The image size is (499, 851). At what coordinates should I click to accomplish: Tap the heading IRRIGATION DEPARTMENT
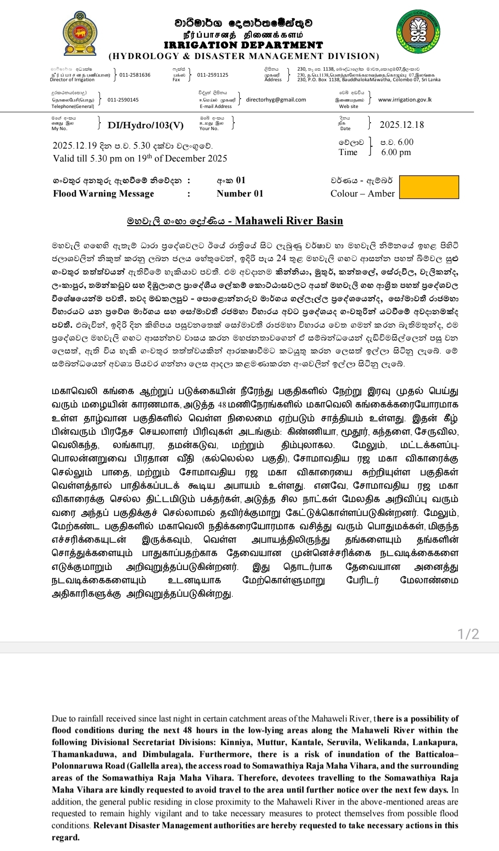(243, 45)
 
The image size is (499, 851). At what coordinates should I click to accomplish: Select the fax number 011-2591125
(213, 75)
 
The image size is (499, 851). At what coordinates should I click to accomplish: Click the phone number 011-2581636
(135, 75)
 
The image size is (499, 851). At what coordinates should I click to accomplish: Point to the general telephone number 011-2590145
(123, 100)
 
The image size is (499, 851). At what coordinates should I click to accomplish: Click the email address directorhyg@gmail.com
(276, 100)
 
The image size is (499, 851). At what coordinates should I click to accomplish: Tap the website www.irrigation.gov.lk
(405, 100)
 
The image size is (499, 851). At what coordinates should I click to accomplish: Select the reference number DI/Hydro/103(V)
(146, 125)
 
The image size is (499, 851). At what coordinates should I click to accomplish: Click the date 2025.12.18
(402, 125)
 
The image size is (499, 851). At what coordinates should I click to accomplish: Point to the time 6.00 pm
(396, 152)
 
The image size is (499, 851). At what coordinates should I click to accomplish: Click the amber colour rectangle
(429, 187)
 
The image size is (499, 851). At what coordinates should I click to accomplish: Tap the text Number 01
(240, 193)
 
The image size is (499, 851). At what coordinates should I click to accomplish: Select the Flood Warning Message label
(103, 193)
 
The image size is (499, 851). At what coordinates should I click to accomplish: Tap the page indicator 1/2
(468, 634)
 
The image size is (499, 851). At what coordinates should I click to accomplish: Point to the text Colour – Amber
(362, 193)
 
